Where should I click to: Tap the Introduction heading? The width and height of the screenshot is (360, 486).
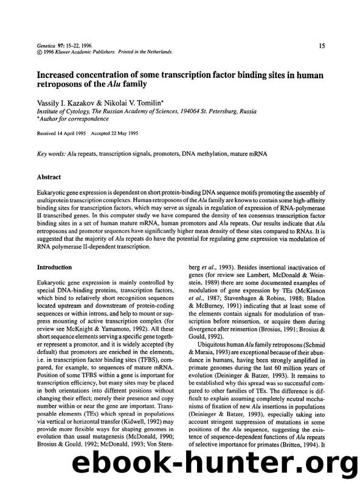(55, 267)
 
